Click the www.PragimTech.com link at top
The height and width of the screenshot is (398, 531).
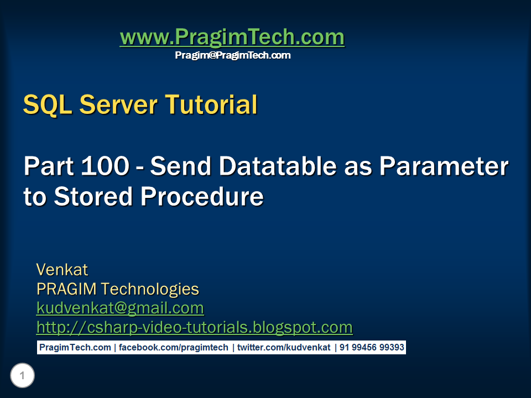[232, 38]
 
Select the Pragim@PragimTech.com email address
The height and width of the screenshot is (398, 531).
[232, 55]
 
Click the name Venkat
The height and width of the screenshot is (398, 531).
[62, 270]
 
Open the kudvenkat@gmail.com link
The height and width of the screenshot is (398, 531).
[120, 308]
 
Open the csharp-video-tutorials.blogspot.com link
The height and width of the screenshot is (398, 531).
[194, 327]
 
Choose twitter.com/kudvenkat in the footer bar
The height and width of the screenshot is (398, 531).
[284, 348]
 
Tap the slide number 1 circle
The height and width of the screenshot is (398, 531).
[22, 376]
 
